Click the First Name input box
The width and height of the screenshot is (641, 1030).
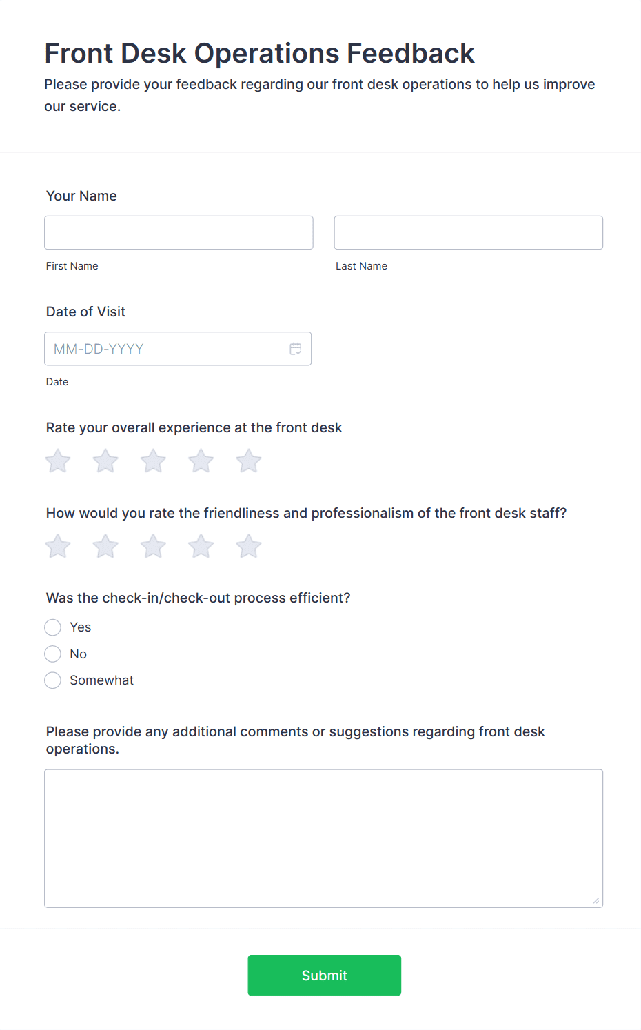[x=179, y=232]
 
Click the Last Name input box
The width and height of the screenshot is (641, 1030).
[x=468, y=232]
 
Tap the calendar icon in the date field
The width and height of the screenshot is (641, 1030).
[x=296, y=349]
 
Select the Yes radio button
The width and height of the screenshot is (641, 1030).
[x=53, y=627]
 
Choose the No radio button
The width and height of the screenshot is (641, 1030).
[x=53, y=654]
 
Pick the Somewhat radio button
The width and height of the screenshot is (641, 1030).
[x=53, y=680]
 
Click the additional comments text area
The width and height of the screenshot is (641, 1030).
[x=323, y=838]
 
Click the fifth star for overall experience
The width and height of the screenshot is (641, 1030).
[x=249, y=461]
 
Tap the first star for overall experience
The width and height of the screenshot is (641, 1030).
[x=58, y=461]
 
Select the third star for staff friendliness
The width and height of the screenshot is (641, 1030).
[x=153, y=547]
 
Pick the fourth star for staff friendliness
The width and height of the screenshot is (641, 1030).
[x=201, y=547]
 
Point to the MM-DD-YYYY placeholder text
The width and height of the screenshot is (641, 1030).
[x=99, y=349]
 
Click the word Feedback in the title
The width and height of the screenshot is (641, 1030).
[x=410, y=53]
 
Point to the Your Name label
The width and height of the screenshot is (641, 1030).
[x=81, y=196]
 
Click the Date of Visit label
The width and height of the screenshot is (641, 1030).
[x=85, y=312]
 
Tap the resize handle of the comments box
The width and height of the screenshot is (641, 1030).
[x=596, y=900]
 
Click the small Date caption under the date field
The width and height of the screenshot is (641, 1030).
[x=57, y=382]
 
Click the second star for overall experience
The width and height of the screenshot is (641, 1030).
[x=105, y=461]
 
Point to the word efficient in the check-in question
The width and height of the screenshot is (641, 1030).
[x=318, y=598]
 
